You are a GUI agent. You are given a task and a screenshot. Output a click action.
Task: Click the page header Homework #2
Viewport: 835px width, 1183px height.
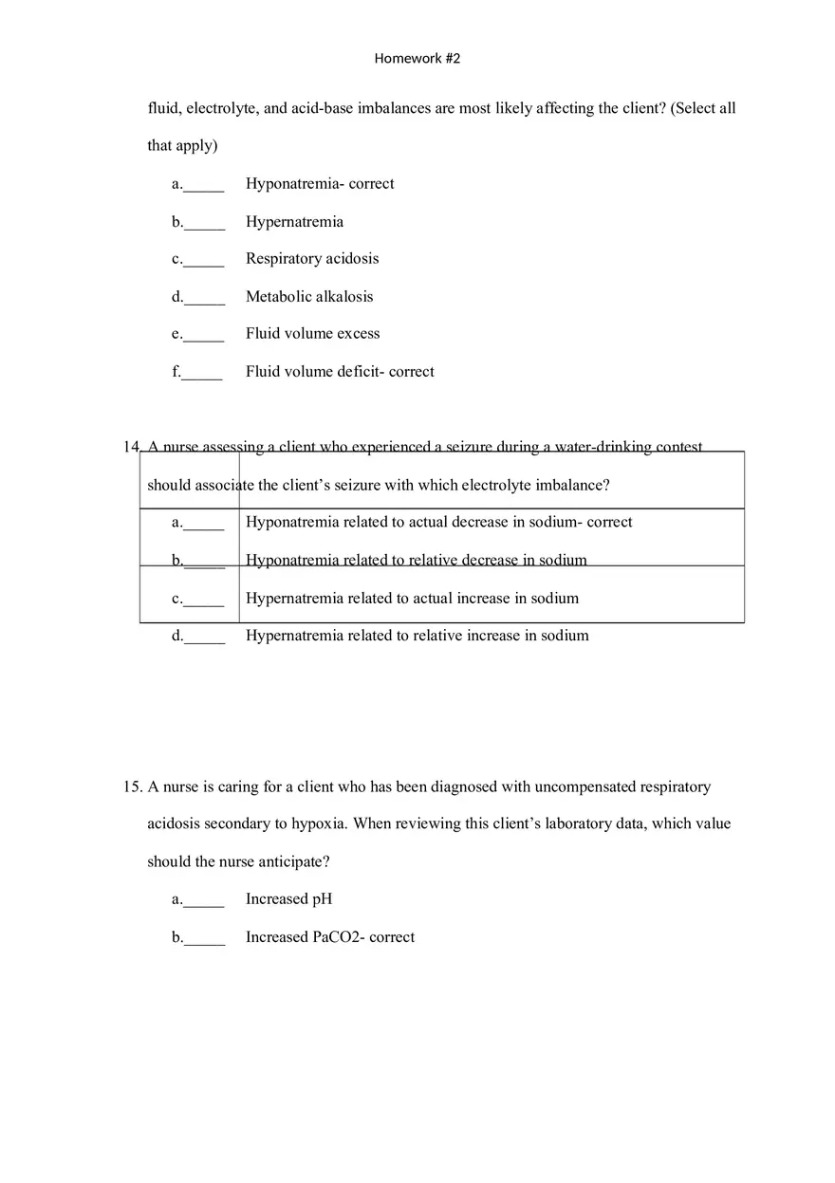coord(417,59)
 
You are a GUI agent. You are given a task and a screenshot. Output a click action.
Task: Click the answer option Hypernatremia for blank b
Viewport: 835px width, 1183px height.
coord(294,222)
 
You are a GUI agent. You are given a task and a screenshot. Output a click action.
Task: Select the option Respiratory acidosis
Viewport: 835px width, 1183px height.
coord(311,259)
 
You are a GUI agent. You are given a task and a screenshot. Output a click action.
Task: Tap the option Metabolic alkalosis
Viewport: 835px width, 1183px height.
coord(309,297)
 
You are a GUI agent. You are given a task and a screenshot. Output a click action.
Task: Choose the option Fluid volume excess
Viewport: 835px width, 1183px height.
coord(312,334)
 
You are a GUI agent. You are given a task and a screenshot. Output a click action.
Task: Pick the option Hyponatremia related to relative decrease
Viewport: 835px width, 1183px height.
coord(416,561)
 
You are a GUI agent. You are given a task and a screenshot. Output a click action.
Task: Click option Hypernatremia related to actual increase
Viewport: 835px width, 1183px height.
coord(412,599)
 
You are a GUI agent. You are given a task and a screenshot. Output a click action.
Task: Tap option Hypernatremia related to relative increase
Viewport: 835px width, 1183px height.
coord(417,636)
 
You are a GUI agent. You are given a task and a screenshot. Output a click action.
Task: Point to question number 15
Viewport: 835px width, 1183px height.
coord(132,787)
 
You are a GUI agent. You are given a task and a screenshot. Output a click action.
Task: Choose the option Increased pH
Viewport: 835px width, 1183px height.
coord(288,899)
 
